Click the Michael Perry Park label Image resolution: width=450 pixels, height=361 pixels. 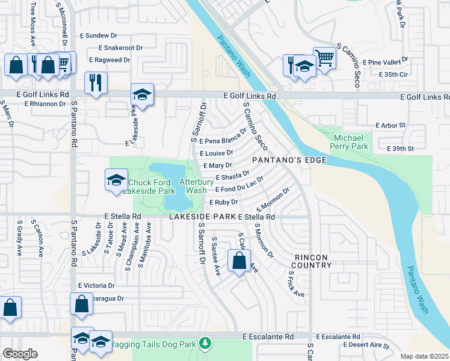(x=351, y=142)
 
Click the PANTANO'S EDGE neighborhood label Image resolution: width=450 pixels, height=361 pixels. (x=289, y=160)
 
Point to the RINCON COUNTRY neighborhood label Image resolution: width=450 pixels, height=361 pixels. (x=312, y=261)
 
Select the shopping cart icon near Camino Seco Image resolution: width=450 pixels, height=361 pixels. (x=324, y=58)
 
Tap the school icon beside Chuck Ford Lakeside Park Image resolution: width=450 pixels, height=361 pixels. (x=116, y=180)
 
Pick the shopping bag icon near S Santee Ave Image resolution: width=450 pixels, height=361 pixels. (x=239, y=261)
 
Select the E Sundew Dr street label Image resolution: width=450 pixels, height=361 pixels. (x=103, y=35)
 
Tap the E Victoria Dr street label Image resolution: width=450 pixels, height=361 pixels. (x=96, y=285)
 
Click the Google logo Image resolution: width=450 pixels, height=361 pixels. (x=20, y=354)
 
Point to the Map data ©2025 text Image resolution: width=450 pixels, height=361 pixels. (x=424, y=356)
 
